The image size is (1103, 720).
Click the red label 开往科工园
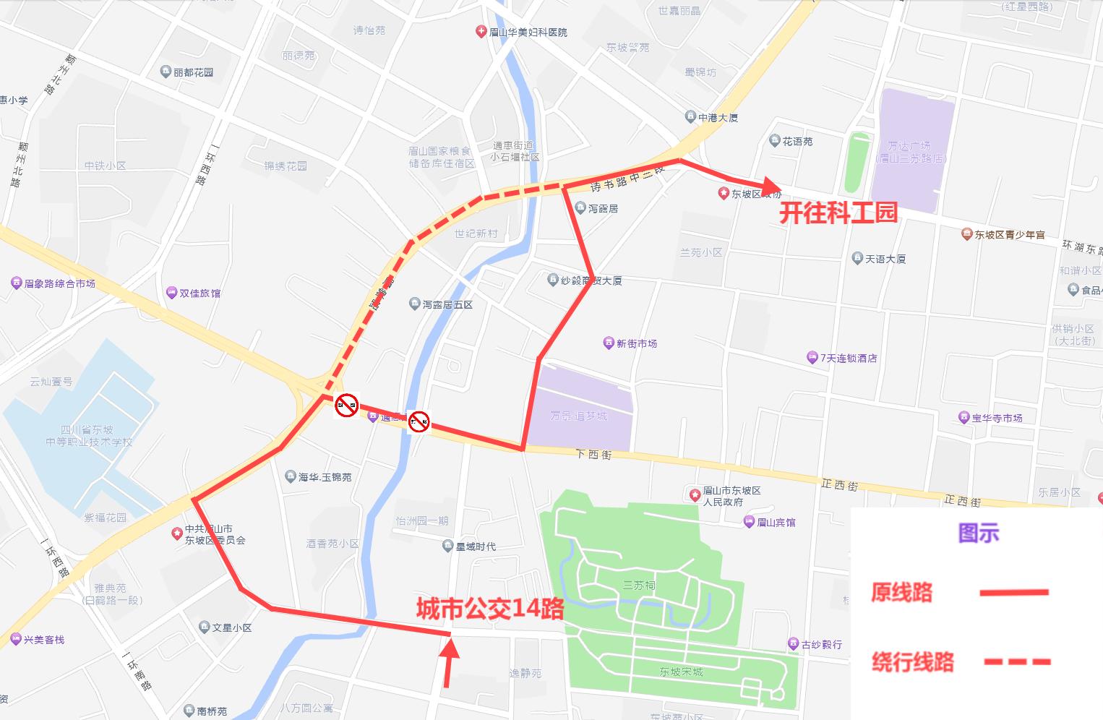pyautogui.click(x=838, y=213)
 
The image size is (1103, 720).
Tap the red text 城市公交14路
pyautogui.click(x=490, y=609)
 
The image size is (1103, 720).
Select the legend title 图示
pyautogui.click(x=978, y=533)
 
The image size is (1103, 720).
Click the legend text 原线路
pyautogui.click(x=901, y=593)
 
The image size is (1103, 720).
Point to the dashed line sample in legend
pyautogui.click(x=1017, y=661)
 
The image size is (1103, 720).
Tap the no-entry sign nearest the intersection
pyautogui.click(x=347, y=405)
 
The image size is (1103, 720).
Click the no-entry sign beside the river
pyautogui.click(x=419, y=421)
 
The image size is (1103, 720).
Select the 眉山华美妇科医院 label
pyautogui.click(x=528, y=33)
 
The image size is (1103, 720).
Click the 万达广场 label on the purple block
pyautogui.click(x=909, y=152)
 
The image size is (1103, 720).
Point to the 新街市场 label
pyautogui.click(x=636, y=344)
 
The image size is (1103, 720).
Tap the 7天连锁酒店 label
pyautogui.click(x=848, y=359)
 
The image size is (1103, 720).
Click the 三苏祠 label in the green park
pyautogui.click(x=639, y=585)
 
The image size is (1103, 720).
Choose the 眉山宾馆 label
pyautogui.click(x=776, y=522)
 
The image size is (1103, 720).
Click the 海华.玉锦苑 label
pyautogui.click(x=325, y=477)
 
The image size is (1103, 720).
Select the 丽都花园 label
pyautogui.click(x=193, y=72)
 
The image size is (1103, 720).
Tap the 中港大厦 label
pyautogui.click(x=718, y=117)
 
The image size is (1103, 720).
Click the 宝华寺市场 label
pyautogui.click(x=997, y=418)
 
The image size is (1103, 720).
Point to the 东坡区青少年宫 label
pyautogui.click(x=1009, y=235)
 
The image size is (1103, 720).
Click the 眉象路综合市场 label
pyautogui.click(x=59, y=283)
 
